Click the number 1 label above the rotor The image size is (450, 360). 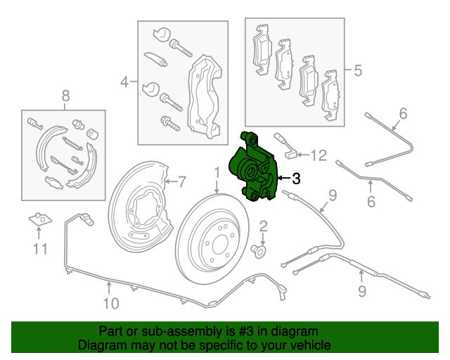click(217, 172)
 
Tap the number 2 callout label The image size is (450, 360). click(264, 226)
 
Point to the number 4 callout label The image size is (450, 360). click(124, 82)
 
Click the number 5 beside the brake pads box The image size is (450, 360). click(357, 70)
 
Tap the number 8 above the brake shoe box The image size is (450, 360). click(65, 96)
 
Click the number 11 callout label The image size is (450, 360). click(41, 248)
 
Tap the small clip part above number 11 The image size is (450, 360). click(41, 221)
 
